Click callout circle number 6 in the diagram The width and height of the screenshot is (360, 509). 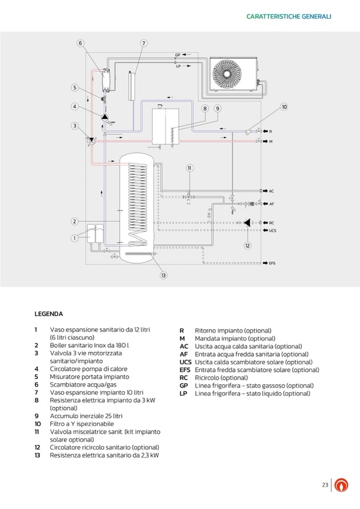pos(80,43)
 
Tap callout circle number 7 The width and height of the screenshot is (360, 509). pos(144,43)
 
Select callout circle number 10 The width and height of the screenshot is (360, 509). pos(284,107)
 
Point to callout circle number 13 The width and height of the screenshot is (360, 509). pos(164,275)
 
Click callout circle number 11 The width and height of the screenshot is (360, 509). pos(190,168)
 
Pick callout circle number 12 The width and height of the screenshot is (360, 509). pos(247,245)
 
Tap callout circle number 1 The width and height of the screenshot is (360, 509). pos(75,238)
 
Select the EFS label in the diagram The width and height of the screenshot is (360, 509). pos(272,263)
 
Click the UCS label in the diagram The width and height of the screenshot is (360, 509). pos(272,231)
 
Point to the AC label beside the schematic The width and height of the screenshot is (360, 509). pos(271,191)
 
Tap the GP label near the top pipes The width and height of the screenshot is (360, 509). pos(177,55)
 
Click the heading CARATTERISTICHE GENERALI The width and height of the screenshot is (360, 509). pos(289,16)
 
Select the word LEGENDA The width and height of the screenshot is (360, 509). pos(49,314)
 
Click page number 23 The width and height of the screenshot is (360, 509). pos(325,485)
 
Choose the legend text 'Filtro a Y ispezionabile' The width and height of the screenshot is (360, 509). pos(82,424)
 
